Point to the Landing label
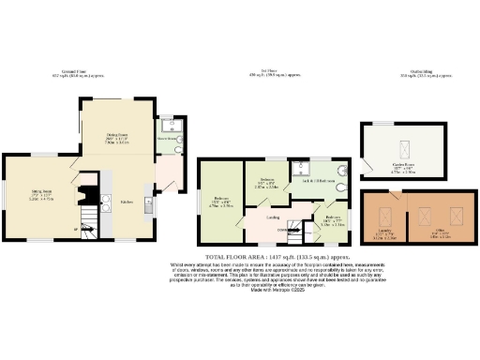click(273, 218)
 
